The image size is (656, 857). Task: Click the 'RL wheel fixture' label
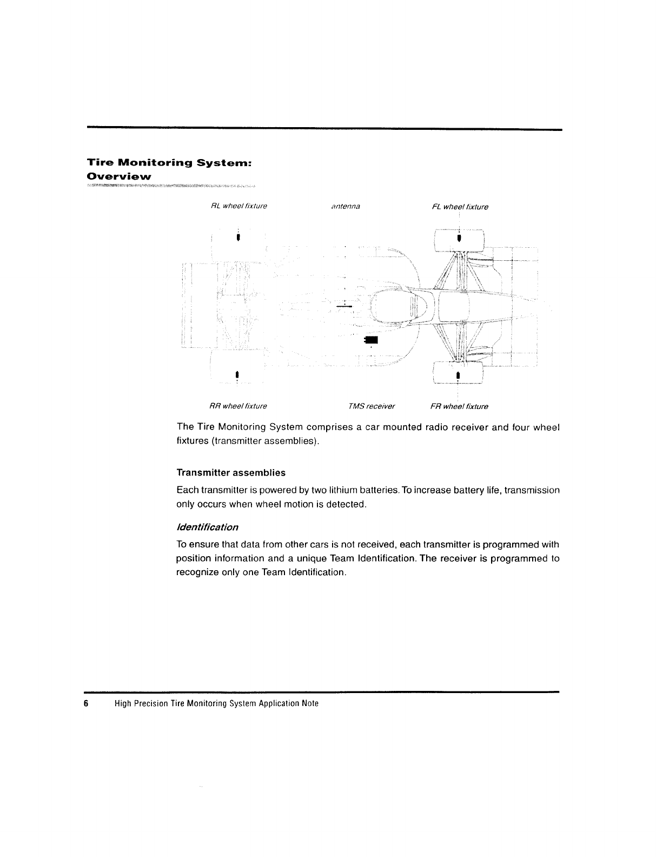[238, 206]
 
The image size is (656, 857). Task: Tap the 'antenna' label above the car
[346, 206]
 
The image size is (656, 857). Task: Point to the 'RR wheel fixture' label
[238, 406]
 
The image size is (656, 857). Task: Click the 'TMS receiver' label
[372, 406]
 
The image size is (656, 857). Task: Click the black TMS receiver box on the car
[372, 340]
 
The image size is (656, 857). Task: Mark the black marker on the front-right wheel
[458, 375]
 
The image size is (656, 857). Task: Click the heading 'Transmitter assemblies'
[231, 473]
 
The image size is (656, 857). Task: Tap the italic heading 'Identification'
[207, 527]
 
